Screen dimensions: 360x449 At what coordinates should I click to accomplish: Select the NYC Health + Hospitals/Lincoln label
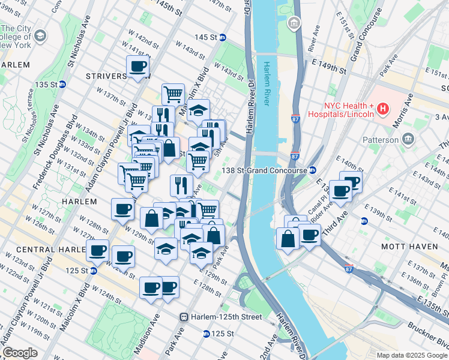point(341,109)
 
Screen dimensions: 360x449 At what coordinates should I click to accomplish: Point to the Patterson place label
point(380,140)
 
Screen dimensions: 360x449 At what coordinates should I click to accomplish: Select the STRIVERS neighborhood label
point(106,76)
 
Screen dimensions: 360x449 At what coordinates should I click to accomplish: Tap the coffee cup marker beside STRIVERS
point(137,67)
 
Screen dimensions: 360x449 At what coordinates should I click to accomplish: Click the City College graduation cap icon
point(40,36)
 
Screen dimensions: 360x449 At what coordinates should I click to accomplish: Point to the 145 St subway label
point(206,37)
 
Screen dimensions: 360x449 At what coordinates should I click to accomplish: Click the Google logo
point(20,353)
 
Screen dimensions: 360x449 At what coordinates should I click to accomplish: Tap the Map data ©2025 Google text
point(412,355)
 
